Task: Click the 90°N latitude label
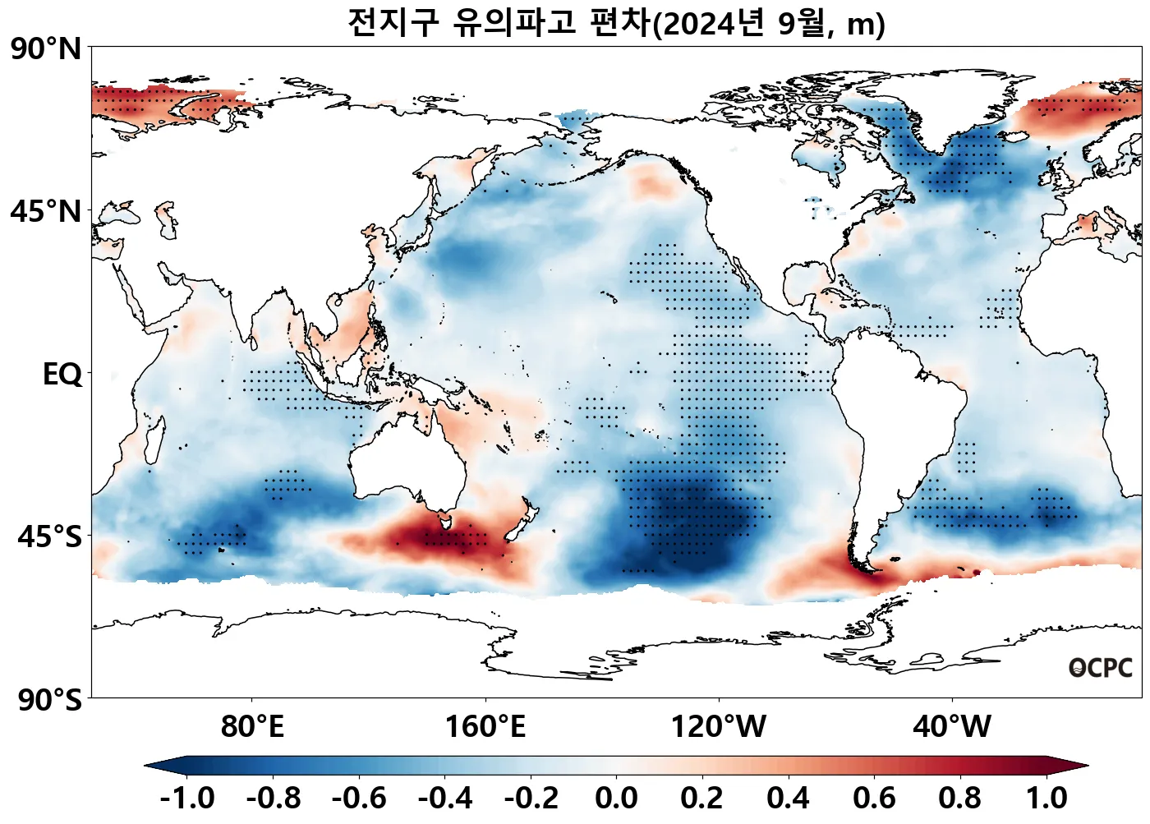(x=46, y=49)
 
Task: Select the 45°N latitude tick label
(x=46, y=212)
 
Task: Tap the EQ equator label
(x=62, y=375)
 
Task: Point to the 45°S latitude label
(x=49, y=537)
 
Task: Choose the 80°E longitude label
(x=252, y=727)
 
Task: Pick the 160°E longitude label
(x=485, y=727)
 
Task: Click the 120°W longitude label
(x=719, y=727)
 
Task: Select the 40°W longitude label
(x=952, y=727)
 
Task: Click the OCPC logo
(x=1101, y=668)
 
